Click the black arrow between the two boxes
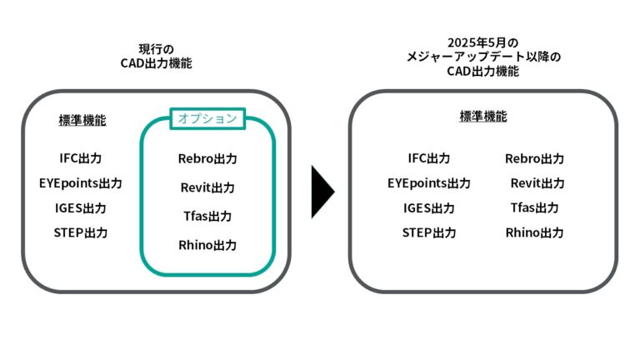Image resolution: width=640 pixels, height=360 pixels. point(322,192)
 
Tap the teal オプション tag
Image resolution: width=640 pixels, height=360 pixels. point(207,118)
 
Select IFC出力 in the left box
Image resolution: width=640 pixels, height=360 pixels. point(80,158)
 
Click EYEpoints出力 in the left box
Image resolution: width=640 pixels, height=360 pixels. point(80,183)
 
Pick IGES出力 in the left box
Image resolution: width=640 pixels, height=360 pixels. point(80,208)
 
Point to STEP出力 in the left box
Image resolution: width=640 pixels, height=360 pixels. point(80,232)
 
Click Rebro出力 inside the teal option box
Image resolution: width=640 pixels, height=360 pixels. point(207,158)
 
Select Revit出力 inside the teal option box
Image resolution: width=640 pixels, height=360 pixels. point(207,187)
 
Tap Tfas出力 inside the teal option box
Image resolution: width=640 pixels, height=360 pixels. point(207,217)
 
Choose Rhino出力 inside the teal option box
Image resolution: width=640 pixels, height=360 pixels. point(207,245)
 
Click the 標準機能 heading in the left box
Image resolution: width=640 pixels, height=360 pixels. point(82,120)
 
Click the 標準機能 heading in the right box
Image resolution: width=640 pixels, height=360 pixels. point(483,117)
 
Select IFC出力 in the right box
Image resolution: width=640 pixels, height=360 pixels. point(429,158)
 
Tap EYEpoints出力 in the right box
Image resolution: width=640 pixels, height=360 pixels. point(429,183)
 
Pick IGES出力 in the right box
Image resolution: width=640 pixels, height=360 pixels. point(429,208)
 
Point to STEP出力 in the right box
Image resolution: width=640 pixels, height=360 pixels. point(429,232)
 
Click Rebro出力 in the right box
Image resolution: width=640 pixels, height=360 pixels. point(534,158)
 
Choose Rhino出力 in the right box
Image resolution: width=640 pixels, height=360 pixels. point(534,232)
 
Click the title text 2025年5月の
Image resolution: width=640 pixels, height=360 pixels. point(482,42)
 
